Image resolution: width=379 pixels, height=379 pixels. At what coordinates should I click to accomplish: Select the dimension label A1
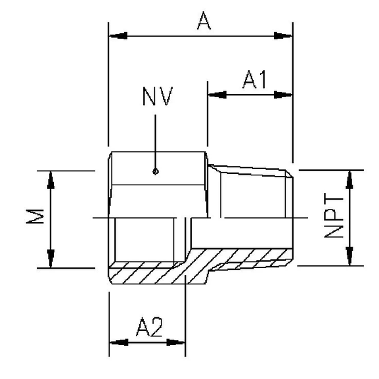click(254, 79)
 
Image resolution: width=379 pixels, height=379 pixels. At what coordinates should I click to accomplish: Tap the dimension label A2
click(149, 327)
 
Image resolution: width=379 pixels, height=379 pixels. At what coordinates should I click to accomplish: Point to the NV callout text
click(157, 97)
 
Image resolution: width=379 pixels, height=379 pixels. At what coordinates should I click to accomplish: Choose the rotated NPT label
click(334, 216)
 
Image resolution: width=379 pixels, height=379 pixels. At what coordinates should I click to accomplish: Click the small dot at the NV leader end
click(155, 172)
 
